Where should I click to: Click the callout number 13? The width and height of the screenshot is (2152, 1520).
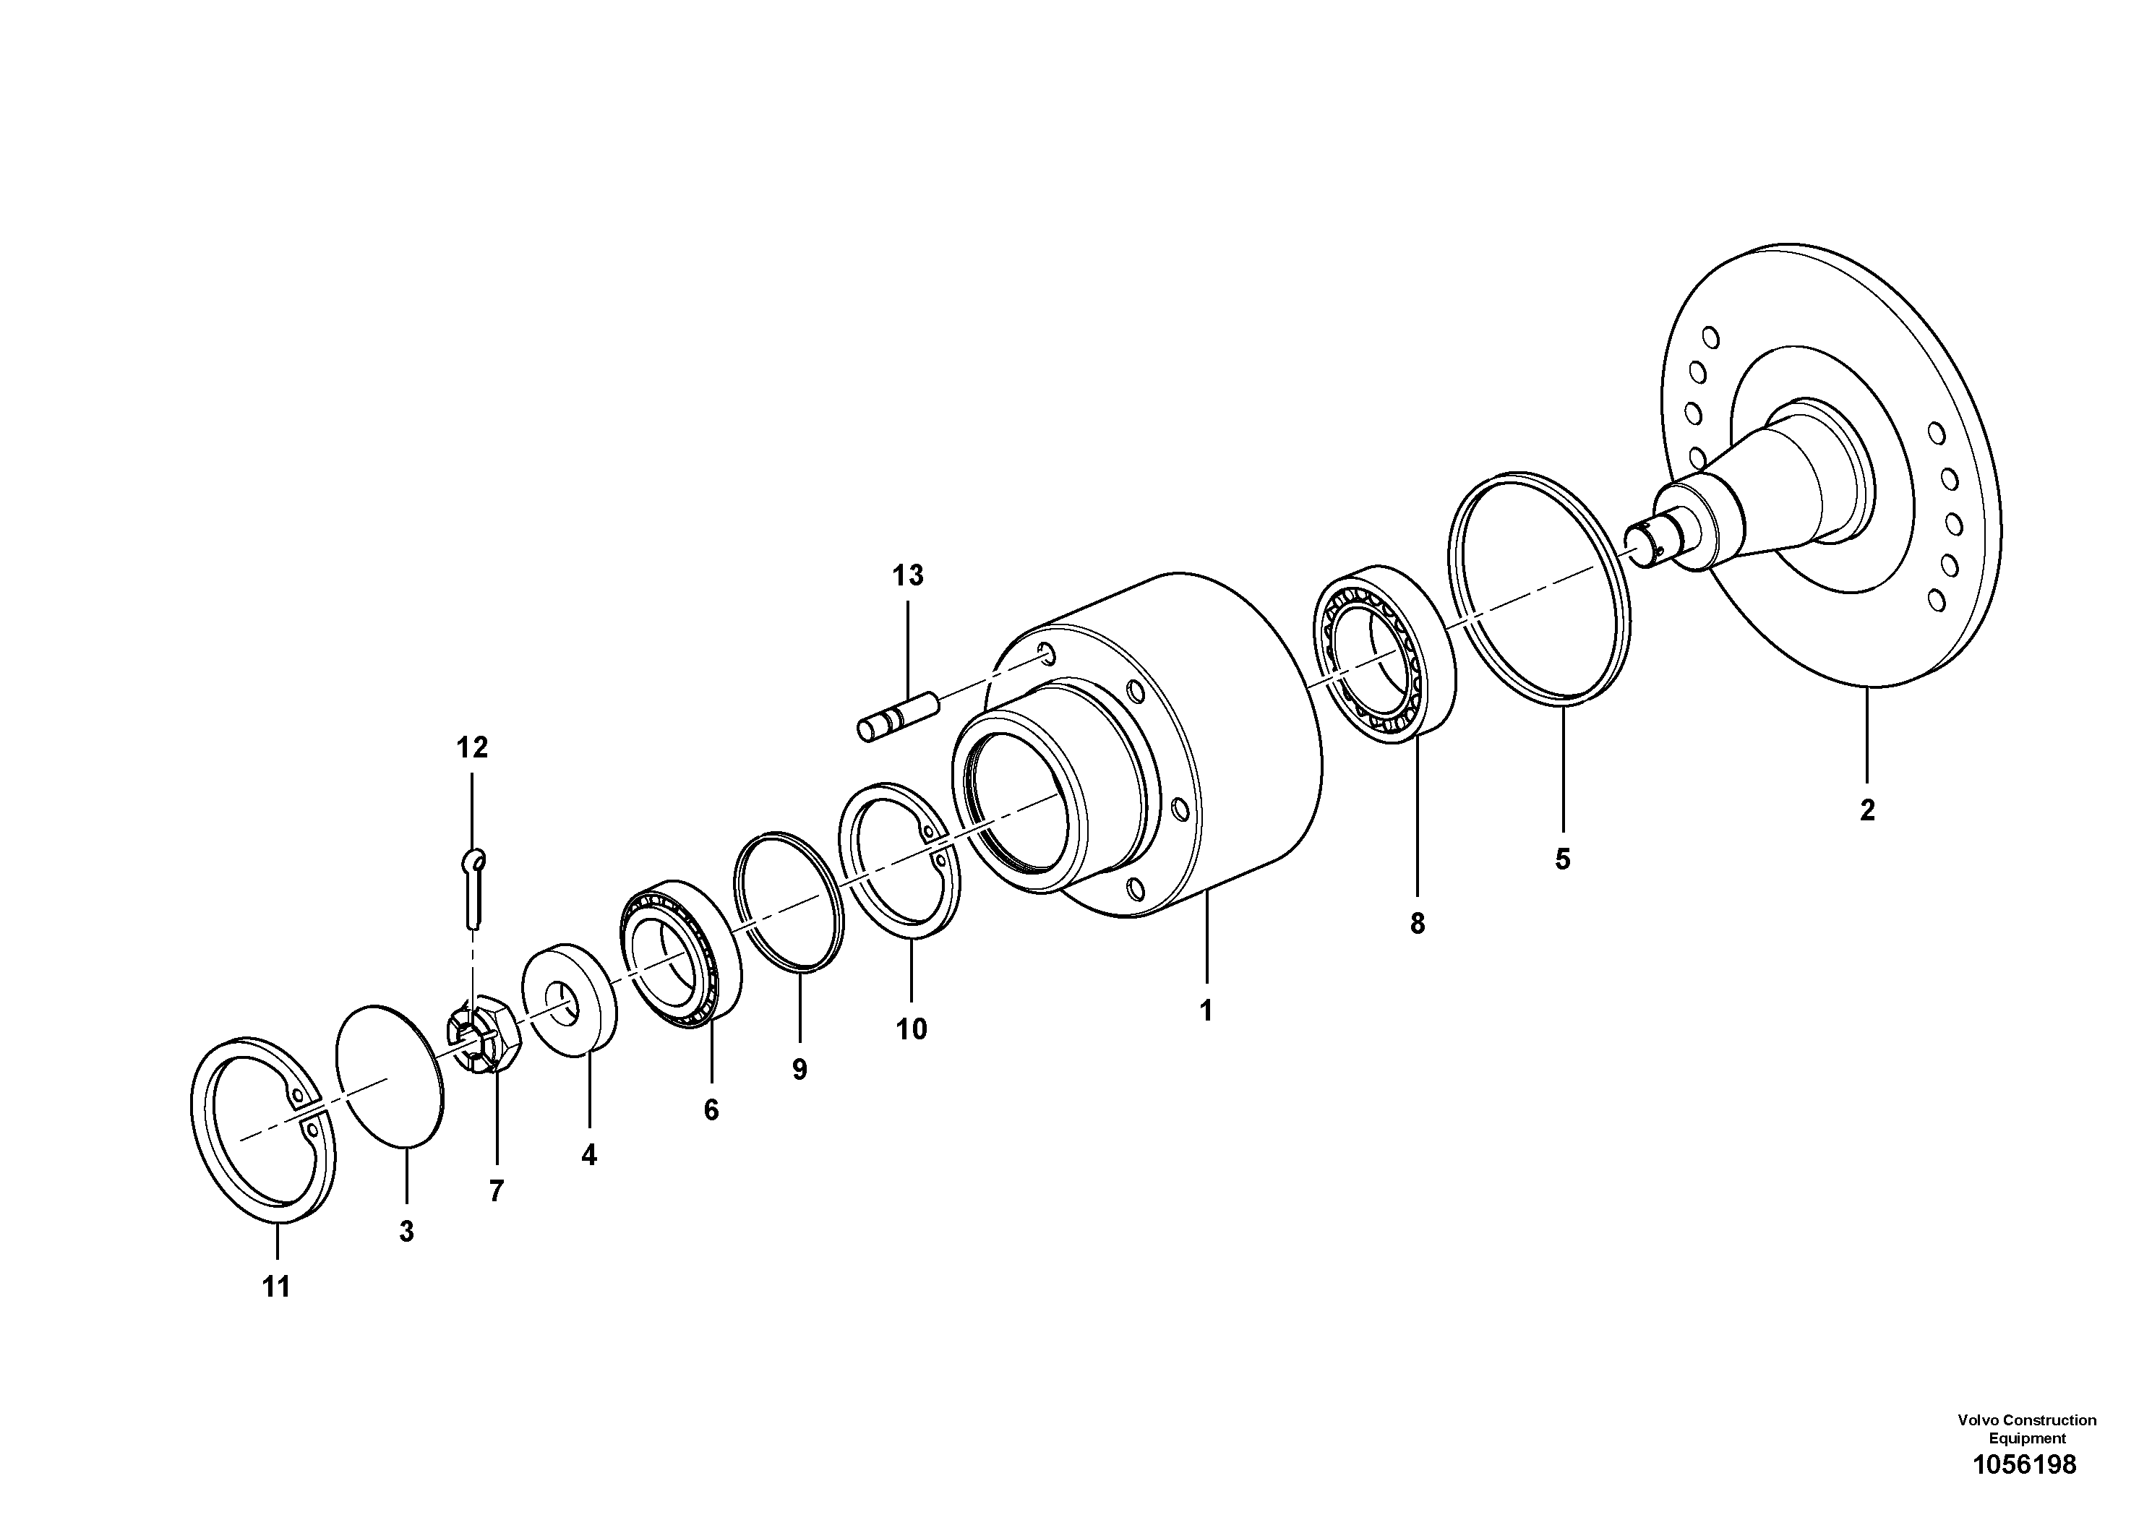click(907, 575)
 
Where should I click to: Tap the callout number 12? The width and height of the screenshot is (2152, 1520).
click(472, 748)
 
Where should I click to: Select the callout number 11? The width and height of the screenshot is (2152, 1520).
click(276, 1287)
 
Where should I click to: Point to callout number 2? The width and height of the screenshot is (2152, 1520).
click(1867, 810)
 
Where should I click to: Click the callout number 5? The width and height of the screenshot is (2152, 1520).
click(1562, 859)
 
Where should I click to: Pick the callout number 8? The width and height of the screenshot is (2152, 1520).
click(1417, 924)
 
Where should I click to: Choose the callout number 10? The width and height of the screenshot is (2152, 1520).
click(911, 1029)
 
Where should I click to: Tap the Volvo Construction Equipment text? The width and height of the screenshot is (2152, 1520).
click(2026, 1429)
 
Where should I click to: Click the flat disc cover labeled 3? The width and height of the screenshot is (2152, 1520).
click(390, 1075)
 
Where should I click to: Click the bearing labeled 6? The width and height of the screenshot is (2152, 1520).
click(680, 953)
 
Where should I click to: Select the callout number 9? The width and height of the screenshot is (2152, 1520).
click(800, 1069)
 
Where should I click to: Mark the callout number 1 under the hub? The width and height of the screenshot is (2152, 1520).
click(1206, 1010)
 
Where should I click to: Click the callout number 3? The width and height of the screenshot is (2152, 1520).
click(406, 1232)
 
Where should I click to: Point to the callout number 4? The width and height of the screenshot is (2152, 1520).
click(588, 1156)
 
